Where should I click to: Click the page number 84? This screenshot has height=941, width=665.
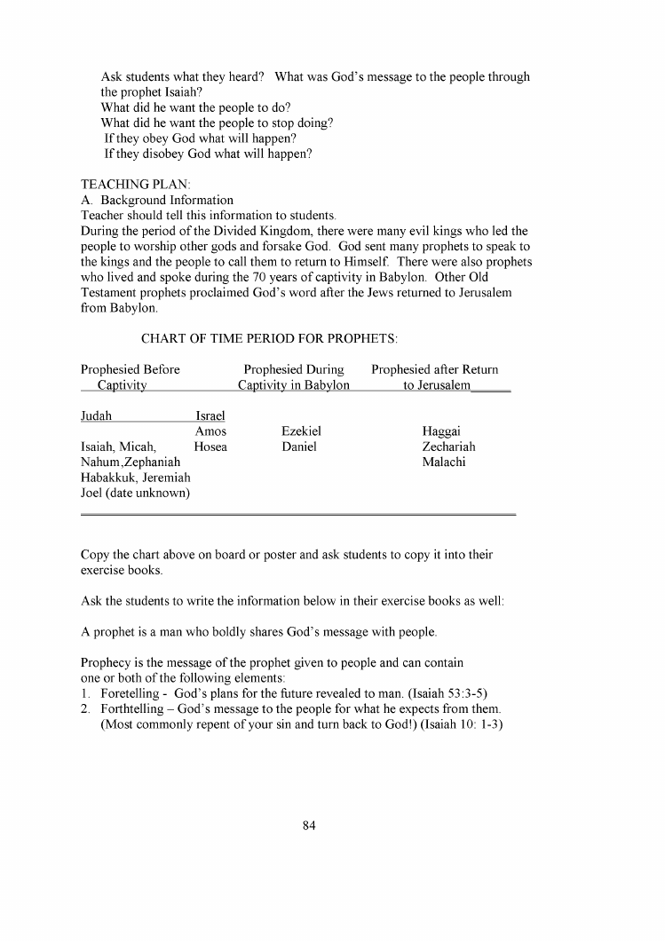click(309, 826)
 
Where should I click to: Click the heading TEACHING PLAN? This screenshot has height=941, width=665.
click(129, 184)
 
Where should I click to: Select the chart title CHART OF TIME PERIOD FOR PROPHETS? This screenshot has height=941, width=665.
click(269, 338)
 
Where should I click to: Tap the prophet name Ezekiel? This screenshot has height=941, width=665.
click(301, 431)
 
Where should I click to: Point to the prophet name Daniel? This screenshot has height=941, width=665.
click(299, 447)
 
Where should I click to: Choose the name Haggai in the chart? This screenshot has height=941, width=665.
click(441, 431)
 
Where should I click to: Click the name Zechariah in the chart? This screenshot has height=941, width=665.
click(448, 447)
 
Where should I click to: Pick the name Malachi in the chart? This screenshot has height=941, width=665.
click(444, 463)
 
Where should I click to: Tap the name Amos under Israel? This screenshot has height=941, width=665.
click(210, 431)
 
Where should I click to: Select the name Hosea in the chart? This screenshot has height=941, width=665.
click(210, 447)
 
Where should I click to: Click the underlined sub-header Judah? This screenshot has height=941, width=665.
click(96, 415)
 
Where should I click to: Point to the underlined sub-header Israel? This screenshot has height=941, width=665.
click(210, 415)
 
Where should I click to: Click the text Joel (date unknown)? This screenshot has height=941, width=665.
click(136, 493)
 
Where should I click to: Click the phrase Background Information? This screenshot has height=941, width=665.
click(167, 200)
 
